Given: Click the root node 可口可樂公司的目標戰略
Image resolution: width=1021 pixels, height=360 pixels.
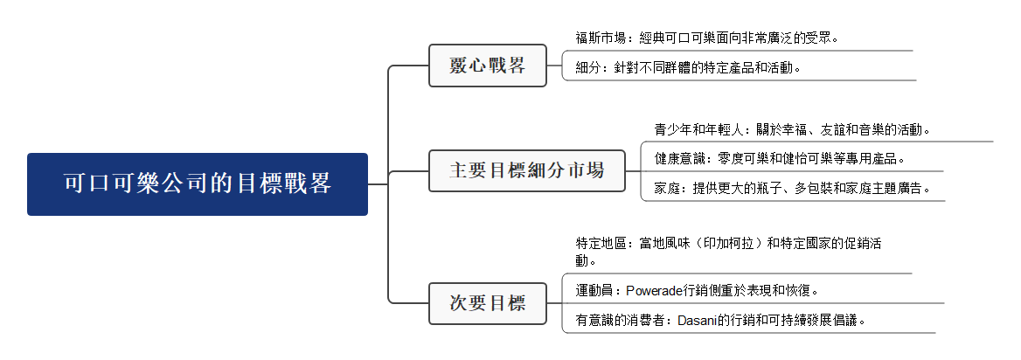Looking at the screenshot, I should click(198, 184).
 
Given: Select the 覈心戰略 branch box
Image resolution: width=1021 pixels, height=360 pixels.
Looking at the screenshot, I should click(487, 66).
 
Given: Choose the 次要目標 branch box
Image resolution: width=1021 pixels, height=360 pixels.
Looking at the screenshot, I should click(487, 303).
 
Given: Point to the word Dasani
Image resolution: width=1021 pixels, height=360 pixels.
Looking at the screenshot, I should click(698, 320).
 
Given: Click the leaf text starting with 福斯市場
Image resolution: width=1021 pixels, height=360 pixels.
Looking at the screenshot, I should click(706, 38).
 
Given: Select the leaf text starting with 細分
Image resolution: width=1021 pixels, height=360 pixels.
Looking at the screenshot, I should click(688, 67).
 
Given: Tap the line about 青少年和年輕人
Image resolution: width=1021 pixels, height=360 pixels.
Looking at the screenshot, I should click(791, 129).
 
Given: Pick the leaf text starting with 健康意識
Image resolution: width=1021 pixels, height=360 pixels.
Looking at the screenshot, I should click(779, 158).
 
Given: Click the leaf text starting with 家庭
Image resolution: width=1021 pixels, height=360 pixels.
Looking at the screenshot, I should click(792, 188).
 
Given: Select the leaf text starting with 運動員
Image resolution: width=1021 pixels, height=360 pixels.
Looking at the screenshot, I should click(697, 290).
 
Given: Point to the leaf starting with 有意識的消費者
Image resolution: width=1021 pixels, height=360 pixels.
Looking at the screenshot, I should click(720, 320).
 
